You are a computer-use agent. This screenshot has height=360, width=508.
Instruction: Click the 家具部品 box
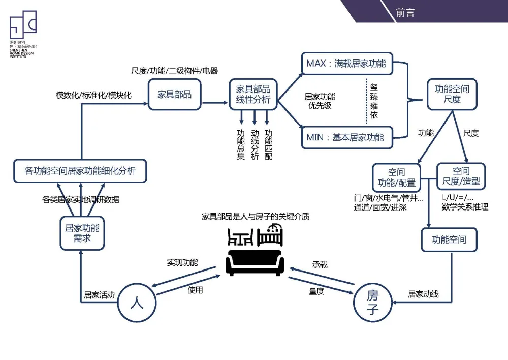tap(175, 95)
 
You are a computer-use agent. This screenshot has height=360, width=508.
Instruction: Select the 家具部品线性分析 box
tap(253, 94)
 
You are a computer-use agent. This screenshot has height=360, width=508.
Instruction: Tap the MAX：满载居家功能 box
tap(346, 64)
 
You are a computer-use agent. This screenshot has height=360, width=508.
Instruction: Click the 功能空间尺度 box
tap(452, 94)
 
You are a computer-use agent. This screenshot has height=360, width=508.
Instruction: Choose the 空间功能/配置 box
tap(396, 177)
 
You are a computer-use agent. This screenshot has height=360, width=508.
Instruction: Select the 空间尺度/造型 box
tap(461, 176)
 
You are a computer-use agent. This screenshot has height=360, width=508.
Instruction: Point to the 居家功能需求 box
tap(82, 233)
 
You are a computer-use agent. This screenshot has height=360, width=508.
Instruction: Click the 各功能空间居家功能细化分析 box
tap(80, 171)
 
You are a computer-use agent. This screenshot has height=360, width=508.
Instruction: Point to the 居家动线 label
tap(423, 294)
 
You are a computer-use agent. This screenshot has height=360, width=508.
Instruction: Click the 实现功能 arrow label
tap(182, 263)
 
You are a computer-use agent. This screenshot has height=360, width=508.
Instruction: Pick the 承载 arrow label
tap(320, 265)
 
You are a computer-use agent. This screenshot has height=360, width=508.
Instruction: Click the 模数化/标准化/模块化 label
tap(93, 95)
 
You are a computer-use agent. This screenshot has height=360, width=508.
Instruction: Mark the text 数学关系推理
tap(465, 207)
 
